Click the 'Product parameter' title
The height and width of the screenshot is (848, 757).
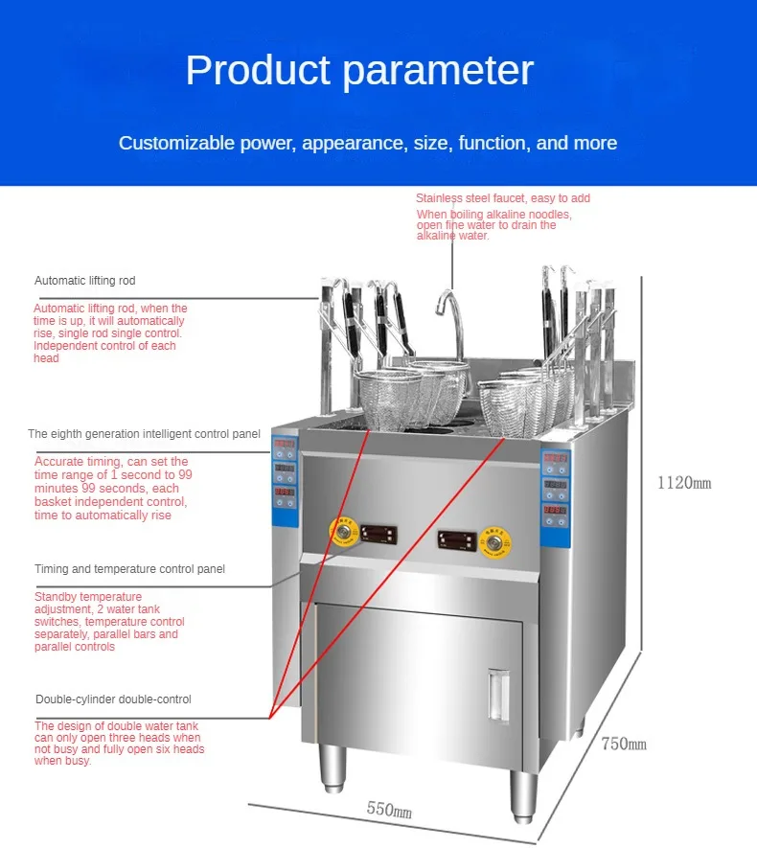[x=359, y=71]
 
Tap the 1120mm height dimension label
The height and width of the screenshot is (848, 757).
[x=683, y=483]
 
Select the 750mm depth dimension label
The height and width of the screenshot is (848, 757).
[x=624, y=744]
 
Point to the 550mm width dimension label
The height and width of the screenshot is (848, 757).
[x=389, y=810]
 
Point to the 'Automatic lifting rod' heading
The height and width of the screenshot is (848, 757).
[x=85, y=281]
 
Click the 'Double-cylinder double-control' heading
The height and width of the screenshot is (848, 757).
[x=113, y=699]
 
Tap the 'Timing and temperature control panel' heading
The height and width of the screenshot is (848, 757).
[x=130, y=569]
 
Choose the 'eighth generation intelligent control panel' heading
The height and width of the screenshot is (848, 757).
[x=144, y=434]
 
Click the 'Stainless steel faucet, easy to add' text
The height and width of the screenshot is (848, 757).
[x=503, y=198]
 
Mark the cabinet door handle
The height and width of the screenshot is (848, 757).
[x=495, y=694]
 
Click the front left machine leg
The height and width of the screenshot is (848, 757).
[x=333, y=771]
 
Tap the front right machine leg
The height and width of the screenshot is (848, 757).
[x=523, y=795]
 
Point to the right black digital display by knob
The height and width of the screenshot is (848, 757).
[x=456, y=539]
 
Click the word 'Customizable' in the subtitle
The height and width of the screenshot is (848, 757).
[x=177, y=144]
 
